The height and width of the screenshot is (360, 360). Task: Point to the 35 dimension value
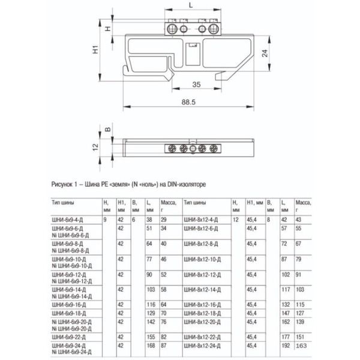click(x=196, y=85)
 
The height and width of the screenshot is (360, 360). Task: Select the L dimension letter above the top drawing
click(x=191, y=6)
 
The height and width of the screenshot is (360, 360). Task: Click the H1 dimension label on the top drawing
click(x=95, y=52)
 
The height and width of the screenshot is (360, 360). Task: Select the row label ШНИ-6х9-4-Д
click(x=68, y=221)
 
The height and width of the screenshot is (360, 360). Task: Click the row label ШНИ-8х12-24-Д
click(x=201, y=346)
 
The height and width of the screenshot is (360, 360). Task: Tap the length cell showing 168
click(x=149, y=346)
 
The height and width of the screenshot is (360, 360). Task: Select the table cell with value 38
click(x=149, y=221)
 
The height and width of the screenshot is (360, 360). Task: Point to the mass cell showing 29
click(x=163, y=221)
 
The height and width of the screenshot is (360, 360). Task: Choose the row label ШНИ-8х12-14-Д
click(x=201, y=289)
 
